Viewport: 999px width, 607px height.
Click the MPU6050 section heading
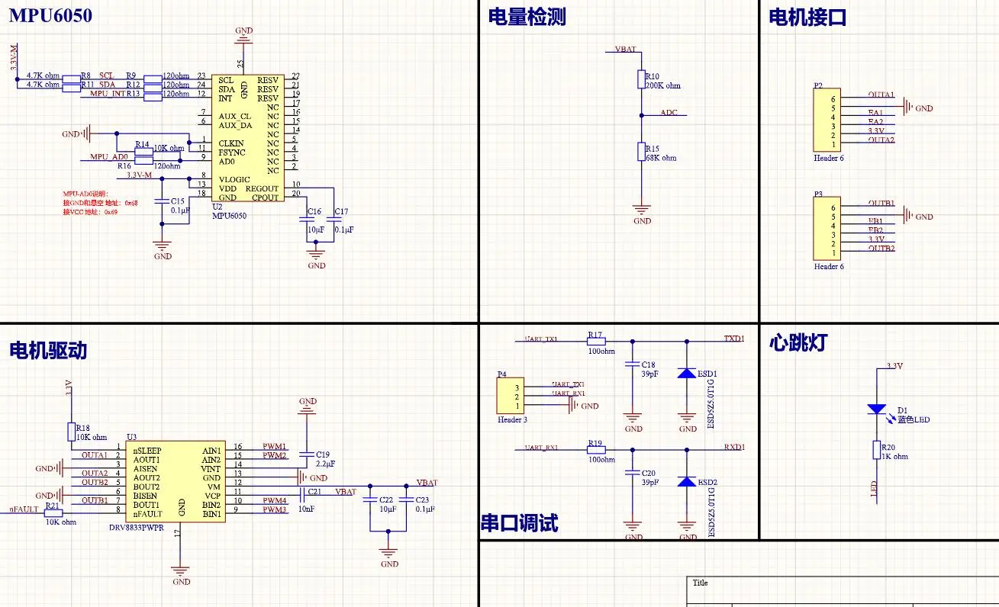click(x=50, y=15)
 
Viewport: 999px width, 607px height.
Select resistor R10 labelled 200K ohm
click(x=642, y=79)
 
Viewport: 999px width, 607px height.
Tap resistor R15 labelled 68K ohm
click(x=642, y=151)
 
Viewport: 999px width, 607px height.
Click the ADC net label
click(x=669, y=113)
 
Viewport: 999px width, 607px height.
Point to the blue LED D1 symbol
click(x=877, y=409)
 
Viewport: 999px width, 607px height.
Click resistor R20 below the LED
click(x=877, y=451)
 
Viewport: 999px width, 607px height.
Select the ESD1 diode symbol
click(x=687, y=374)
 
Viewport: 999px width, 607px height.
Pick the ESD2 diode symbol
click(x=687, y=482)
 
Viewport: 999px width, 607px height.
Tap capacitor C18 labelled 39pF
click(x=632, y=365)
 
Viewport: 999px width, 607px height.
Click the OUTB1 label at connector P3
click(x=881, y=204)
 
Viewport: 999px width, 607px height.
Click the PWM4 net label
click(x=275, y=500)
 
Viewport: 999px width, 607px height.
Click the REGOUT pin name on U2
click(x=262, y=188)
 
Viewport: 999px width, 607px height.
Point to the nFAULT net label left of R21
click(x=24, y=509)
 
